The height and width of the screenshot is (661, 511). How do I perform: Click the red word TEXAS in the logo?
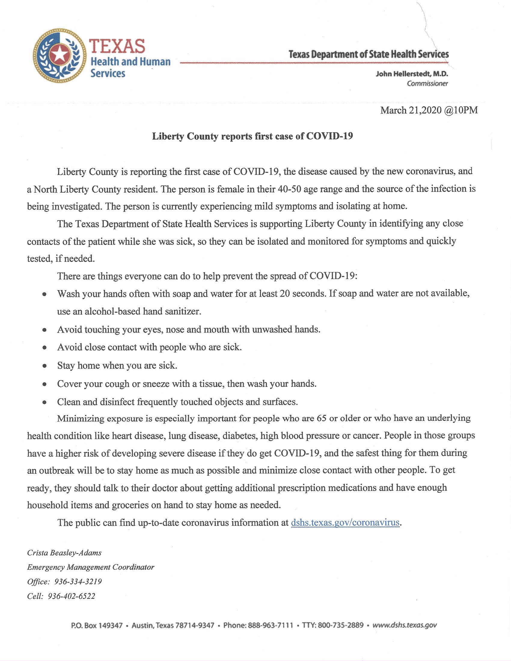point(117,47)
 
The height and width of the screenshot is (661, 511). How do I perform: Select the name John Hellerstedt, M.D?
point(412,74)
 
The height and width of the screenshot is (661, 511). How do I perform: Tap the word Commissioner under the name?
point(427,84)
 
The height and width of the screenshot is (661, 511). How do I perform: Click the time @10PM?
point(461,110)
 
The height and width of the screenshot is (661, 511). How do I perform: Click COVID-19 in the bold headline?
point(329,136)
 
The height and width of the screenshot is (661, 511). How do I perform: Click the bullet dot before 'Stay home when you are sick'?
point(44,366)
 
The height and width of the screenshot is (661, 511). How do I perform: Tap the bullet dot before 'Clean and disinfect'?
point(44,402)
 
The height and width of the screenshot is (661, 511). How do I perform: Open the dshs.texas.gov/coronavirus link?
point(345,523)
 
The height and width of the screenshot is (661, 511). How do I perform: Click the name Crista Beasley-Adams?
point(64,553)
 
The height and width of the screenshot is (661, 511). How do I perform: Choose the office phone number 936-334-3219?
point(78,582)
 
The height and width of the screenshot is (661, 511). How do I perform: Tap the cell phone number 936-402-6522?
point(72,596)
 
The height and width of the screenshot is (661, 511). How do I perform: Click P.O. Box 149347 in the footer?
point(97,625)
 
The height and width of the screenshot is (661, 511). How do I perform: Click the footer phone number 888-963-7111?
point(270,625)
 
